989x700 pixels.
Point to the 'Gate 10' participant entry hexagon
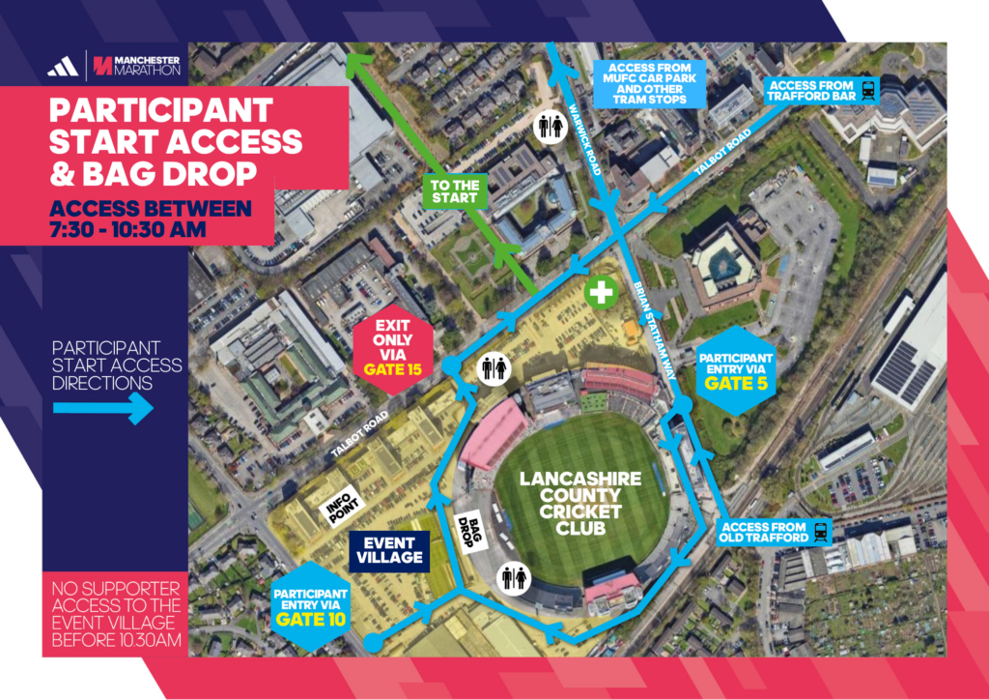pyautogui.click(x=311, y=600)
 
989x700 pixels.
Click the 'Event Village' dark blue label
pyautogui.click(x=386, y=549)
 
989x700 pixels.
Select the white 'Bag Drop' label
pyautogui.click(x=468, y=528)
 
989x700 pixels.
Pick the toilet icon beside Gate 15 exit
pyautogui.click(x=494, y=370)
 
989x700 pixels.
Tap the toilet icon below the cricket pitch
pyautogui.click(x=513, y=577)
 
